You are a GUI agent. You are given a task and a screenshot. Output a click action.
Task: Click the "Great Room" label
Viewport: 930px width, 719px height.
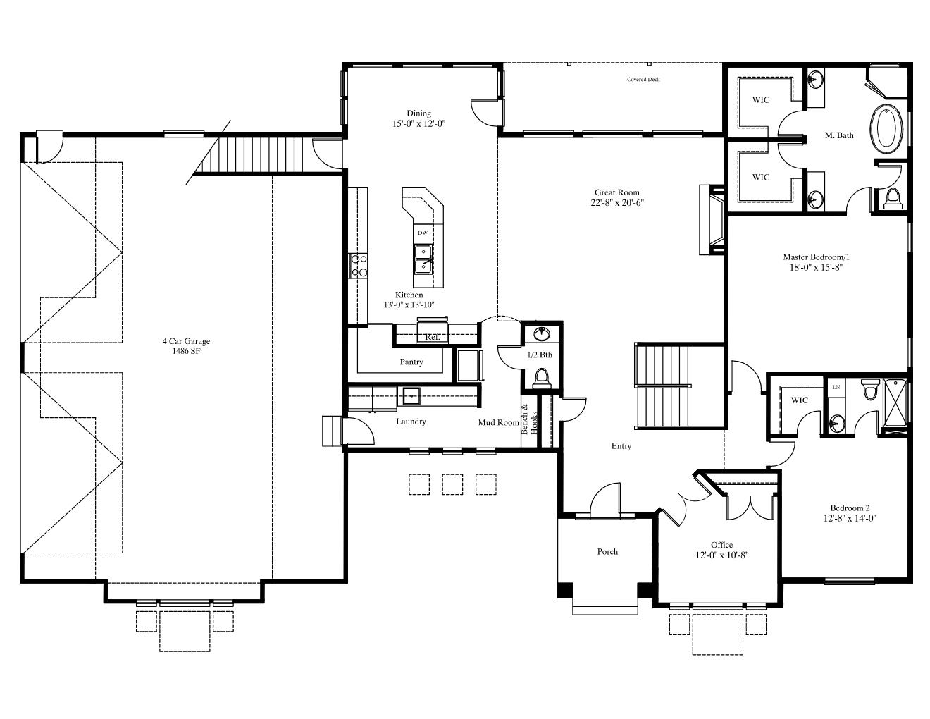pyautogui.click(x=616, y=192)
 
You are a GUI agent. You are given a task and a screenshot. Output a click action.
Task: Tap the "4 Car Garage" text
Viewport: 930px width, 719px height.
pyautogui.click(x=186, y=341)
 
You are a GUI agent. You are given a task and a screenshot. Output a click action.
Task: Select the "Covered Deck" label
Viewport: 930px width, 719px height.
pyautogui.click(x=643, y=79)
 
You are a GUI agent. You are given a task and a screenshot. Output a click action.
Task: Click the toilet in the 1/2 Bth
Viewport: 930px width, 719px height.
pyautogui.click(x=542, y=379)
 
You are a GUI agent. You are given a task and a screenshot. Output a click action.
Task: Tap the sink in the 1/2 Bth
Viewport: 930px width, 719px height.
pyautogui.click(x=542, y=333)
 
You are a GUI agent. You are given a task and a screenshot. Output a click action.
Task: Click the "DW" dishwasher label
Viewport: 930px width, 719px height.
pyautogui.click(x=423, y=233)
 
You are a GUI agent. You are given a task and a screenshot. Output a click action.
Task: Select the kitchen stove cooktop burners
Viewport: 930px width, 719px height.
pyautogui.click(x=359, y=266)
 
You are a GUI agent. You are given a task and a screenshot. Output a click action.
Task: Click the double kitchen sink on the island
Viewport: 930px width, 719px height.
pyautogui.click(x=423, y=259)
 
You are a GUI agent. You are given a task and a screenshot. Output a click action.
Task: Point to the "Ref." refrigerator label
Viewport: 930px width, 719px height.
pyautogui.click(x=433, y=337)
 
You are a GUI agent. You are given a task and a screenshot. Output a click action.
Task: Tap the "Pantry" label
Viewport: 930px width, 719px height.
pyautogui.click(x=411, y=362)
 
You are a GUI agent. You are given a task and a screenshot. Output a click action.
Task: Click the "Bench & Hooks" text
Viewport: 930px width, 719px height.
pyautogui.click(x=529, y=419)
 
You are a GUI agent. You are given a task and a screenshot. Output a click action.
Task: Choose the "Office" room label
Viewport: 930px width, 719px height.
pyautogui.click(x=721, y=545)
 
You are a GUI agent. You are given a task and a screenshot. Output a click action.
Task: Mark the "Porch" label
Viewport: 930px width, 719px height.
pyautogui.click(x=607, y=551)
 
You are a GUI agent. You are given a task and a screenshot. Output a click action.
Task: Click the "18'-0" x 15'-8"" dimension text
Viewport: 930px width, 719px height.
pyautogui.click(x=816, y=268)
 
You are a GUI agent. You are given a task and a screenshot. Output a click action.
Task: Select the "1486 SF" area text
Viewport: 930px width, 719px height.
pyautogui.click(x=186, y=351)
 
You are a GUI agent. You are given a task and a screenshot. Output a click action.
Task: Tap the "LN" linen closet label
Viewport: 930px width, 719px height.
pyautogui.click(x=836, y=387)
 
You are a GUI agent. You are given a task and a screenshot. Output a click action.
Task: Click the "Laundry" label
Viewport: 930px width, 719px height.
pyautogui.click(x=411, y=422)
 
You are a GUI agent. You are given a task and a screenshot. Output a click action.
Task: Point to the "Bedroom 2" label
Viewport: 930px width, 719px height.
pyautogui.click(x=850, y=508)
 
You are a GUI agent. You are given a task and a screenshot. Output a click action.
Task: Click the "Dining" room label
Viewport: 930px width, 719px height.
pyautogui.click(x=418, y=113)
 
